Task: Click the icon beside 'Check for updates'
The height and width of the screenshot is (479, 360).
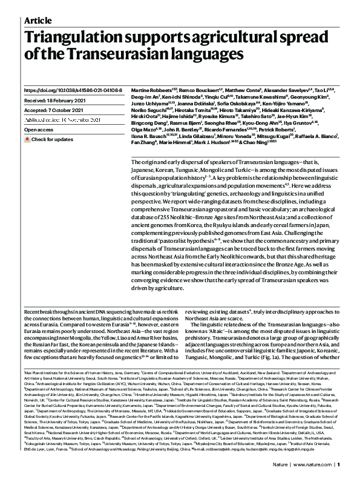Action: pyautogui.click(x=27, y=139)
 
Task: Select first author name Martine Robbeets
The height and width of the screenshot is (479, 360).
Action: pyautogui.click(x=149, y=90)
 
